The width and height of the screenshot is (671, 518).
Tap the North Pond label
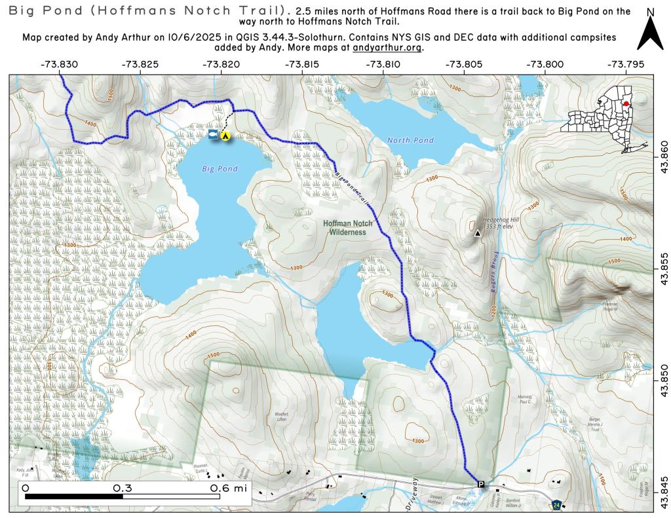pos(410,140)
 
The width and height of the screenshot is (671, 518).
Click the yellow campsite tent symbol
pos(225,136)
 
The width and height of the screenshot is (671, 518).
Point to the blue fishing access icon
pos(212,134)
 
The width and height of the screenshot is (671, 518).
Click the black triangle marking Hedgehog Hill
pos(477,232)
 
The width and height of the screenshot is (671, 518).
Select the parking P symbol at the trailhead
pos(481,485)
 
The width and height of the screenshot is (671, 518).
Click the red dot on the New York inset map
pos(626,104)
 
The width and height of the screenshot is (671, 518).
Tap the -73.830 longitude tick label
pos(59,64)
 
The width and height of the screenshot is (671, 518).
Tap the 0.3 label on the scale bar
pos(123,488)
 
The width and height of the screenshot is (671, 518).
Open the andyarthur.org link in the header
pos(387,48)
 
